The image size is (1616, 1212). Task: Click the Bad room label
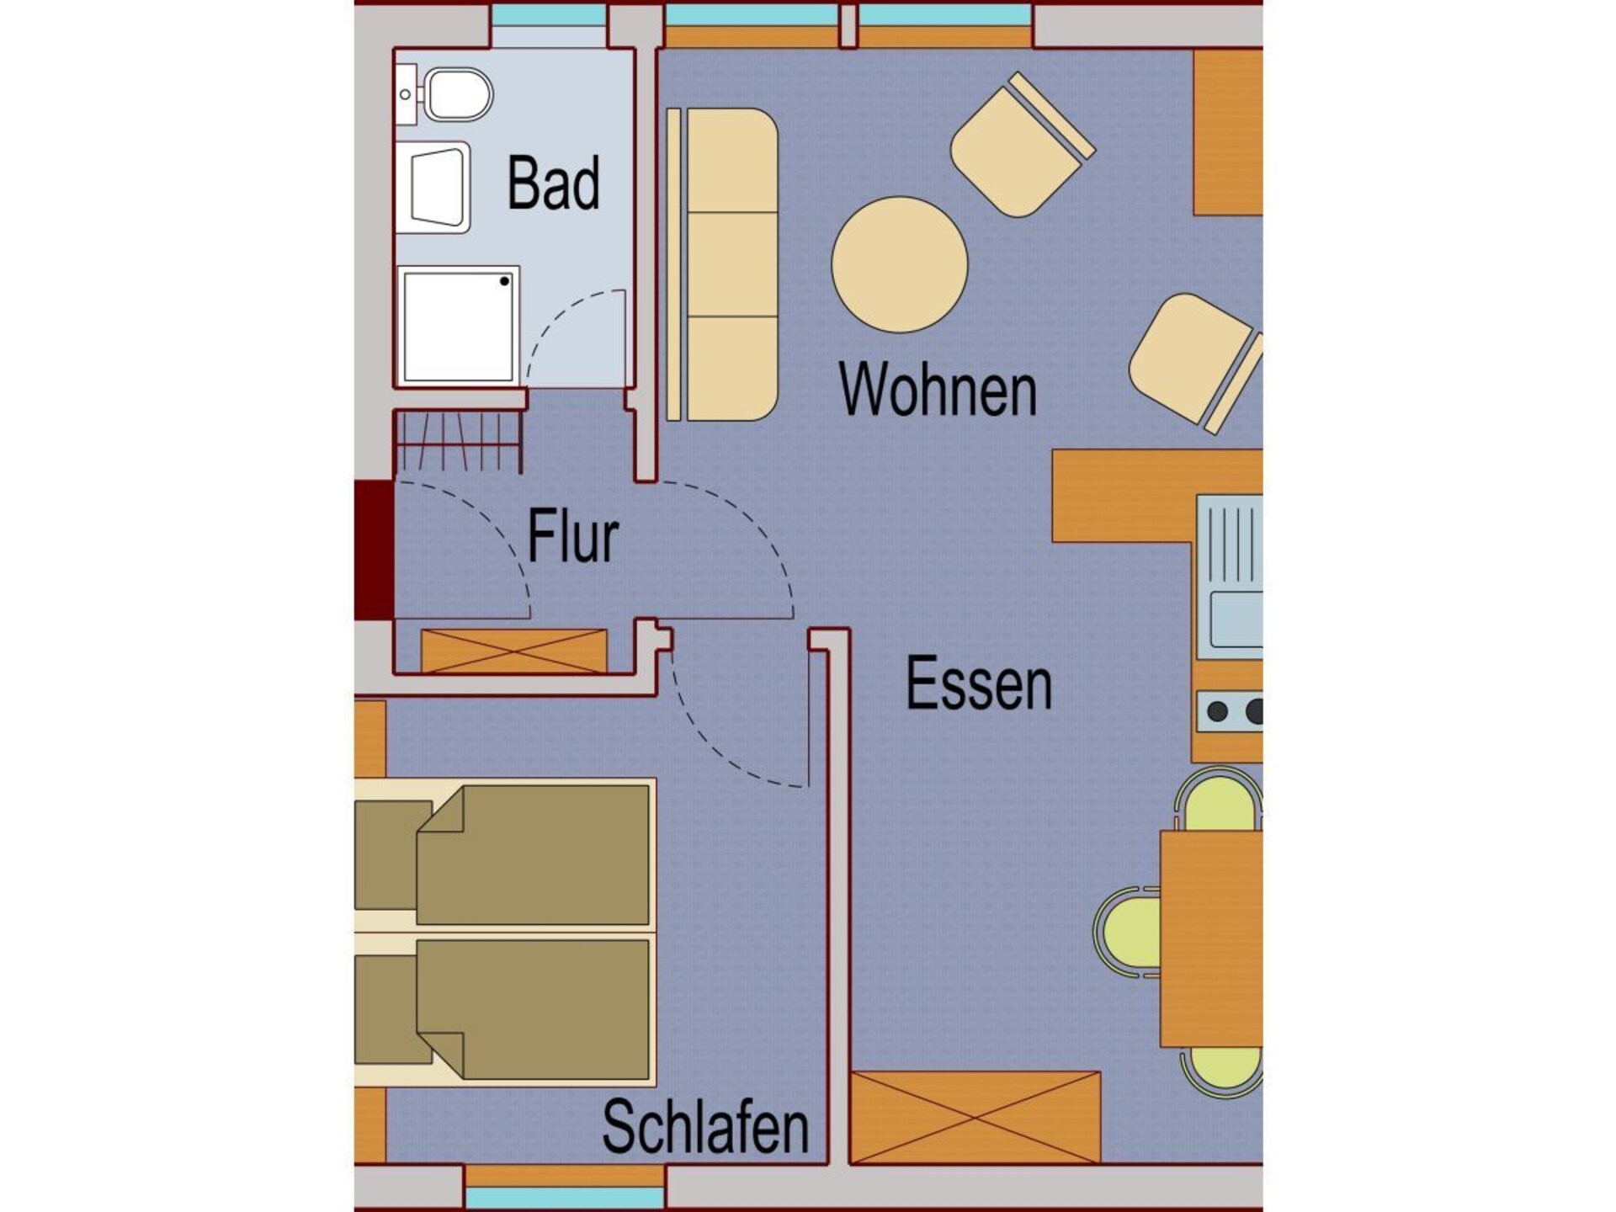553,183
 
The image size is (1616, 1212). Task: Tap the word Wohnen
938,389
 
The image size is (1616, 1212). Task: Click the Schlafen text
705,1126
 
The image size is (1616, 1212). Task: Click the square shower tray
458,325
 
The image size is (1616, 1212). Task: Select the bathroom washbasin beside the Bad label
433,187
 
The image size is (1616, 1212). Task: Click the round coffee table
900,264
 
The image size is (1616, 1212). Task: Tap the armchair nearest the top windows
1022,145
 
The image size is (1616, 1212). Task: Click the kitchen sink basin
1236,618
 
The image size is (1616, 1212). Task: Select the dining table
1211,938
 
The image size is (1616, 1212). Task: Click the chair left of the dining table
1127,932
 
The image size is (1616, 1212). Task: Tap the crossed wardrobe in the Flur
513,651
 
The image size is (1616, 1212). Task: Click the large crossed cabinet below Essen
975,1117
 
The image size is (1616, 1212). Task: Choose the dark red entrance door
374,550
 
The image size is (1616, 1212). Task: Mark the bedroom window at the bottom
564,1197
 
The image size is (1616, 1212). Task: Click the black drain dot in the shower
505,281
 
